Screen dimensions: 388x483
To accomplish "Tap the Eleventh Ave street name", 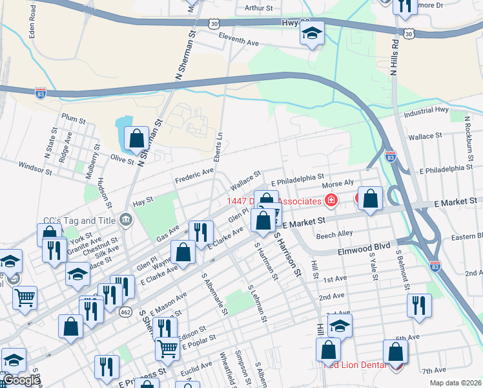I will click(238, 39).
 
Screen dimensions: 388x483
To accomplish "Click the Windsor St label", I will click(35, 169).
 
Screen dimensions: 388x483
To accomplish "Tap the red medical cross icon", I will click(331, 200).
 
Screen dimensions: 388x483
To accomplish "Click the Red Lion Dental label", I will click(355, 365).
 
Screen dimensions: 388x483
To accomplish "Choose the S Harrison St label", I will click(288, 254).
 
